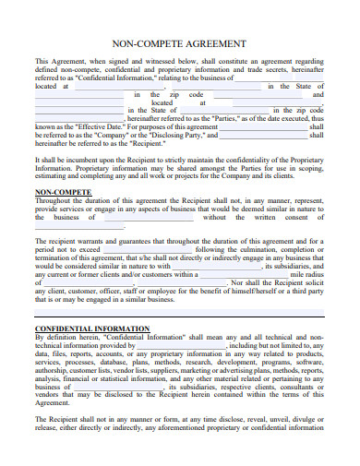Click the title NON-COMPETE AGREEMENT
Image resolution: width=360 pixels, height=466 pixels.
tap(179, 43)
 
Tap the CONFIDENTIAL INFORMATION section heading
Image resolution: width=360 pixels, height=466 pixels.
tap(91, 329)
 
